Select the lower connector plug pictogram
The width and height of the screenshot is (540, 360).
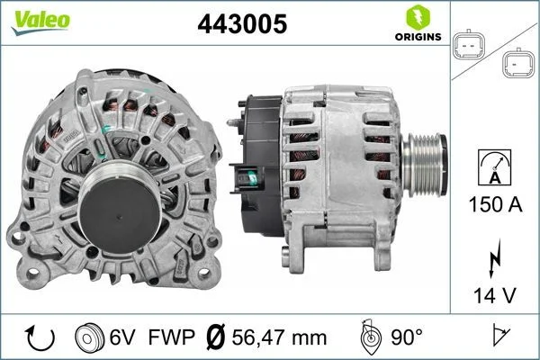(517, 64)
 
